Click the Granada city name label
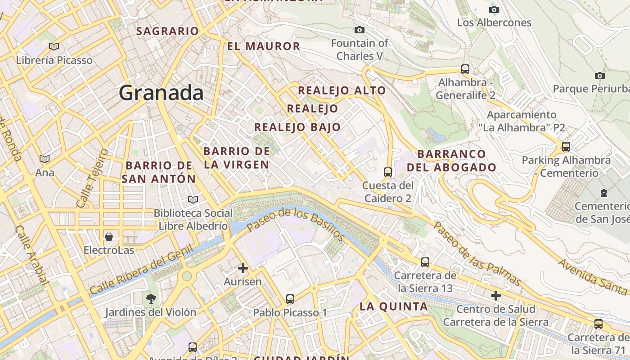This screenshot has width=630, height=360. [161, 93]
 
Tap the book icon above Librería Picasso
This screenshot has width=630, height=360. [54, 46]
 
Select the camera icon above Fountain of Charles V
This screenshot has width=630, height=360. [360, 30]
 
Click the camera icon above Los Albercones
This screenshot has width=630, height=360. [494, 9]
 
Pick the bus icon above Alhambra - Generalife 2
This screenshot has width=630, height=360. [465, 69]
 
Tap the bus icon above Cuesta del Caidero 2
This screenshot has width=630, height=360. [387, 172]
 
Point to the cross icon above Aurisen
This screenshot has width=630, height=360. [243, 269]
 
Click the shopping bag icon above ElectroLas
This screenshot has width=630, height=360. [108, 237]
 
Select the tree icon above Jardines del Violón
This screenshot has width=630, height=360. [150, 298]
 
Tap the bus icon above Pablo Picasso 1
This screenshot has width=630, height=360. [290, 299]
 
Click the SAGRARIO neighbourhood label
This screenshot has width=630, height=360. [167, 31]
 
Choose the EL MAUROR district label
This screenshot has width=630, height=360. [263, 46]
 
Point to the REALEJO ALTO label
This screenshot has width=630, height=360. [342, 90]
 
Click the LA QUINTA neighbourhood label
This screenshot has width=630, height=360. [393, 306]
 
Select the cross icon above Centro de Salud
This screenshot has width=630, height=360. [495, 296]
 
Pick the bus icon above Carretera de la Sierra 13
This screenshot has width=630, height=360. [425, 262]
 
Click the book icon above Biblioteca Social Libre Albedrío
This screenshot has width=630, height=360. [193, 199]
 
